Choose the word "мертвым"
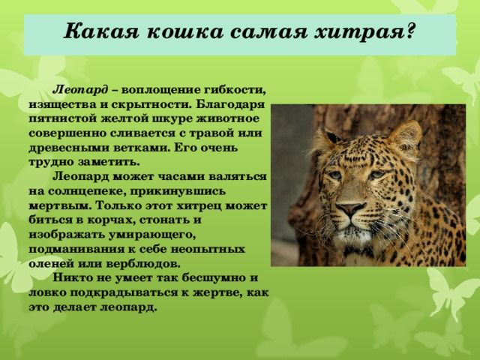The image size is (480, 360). pyautogui.click(x=61, y=203)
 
